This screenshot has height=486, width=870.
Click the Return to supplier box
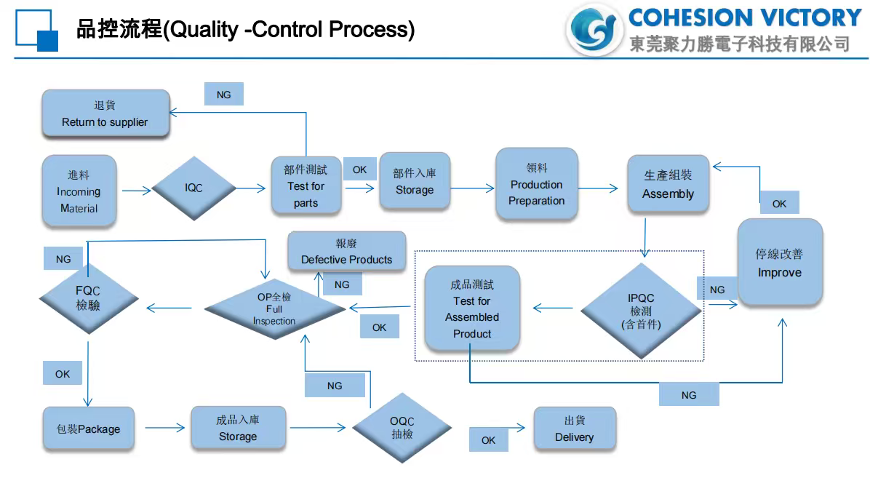[x=105, y=113]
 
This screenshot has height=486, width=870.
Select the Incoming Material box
[x=79, y=191]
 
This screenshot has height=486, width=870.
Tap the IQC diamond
[x=193, y=188]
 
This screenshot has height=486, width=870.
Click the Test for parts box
[x=306, y=186]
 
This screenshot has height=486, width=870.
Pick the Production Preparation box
[x=536, y=184]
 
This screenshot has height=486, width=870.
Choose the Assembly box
[x=668, y=185]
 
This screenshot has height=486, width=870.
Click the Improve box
[x=779, y=262]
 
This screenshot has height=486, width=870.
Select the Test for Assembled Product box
[x=472, y=308]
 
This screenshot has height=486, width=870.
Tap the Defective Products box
[x=346, y=252]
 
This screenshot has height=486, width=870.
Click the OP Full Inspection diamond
[x=274, y=308]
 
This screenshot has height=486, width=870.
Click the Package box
[x=88, y=428]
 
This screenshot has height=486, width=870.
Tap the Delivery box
[x=574, y=429]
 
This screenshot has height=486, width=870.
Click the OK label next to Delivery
[x=488, y=439]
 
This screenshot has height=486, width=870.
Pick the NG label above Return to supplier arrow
[x=223, y=94]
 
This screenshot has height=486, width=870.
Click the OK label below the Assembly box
[x=779, y=203]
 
